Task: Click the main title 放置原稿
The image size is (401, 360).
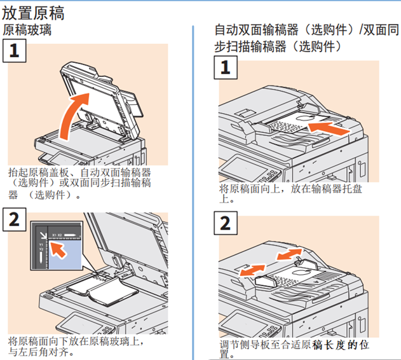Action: point(33,12)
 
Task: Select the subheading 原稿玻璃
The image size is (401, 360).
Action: point(27,29)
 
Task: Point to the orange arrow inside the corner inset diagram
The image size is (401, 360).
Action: point(57,250)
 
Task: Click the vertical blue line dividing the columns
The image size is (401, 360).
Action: point(193,191)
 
